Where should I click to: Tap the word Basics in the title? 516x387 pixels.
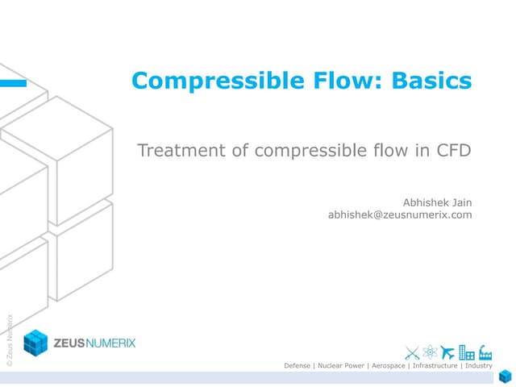pos(431,81)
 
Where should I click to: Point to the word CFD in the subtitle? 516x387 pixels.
pos(451,151)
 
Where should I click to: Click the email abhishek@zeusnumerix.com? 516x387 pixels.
pos(399,215)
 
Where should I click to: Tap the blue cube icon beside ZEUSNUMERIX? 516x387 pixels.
pos(35,343)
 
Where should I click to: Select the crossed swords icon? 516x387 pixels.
pos(412,352)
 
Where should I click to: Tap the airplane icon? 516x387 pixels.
pos(447,352)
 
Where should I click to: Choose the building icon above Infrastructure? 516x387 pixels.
pos(466,352)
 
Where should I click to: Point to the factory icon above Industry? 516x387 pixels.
pos(485,352)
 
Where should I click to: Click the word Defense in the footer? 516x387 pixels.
pos(299,366)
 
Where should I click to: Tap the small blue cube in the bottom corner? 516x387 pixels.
pos(505,377)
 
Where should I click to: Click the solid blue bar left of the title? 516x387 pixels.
pos(13,82)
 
